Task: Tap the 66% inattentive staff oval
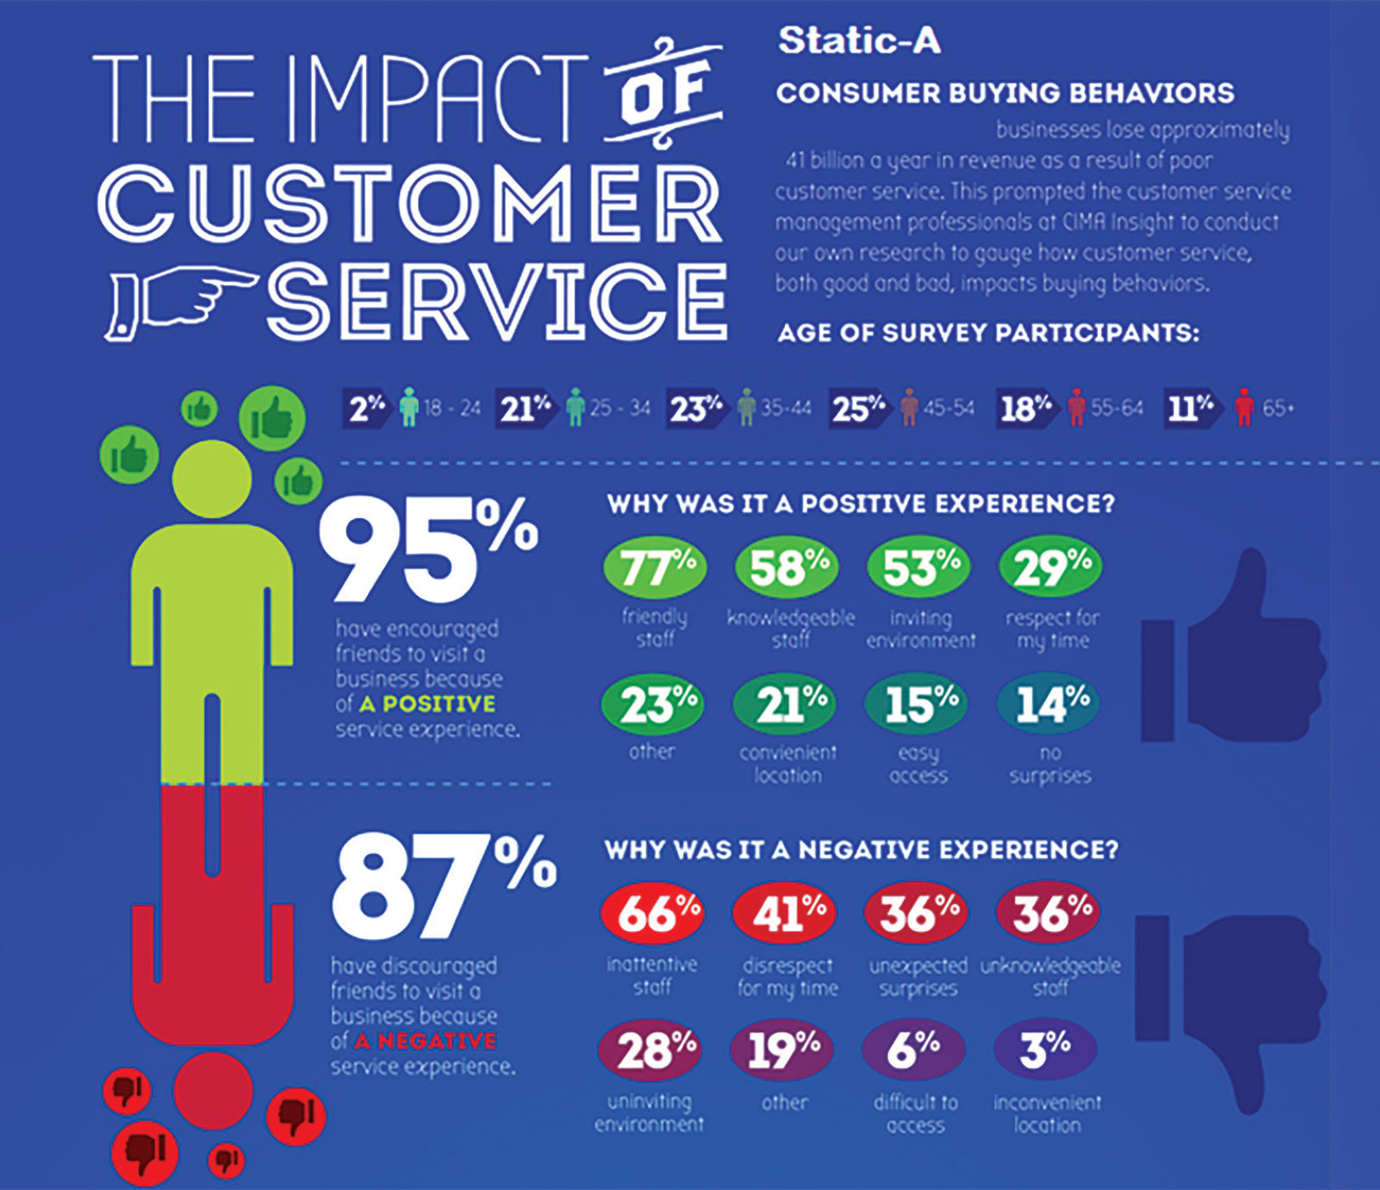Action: coord(653,912)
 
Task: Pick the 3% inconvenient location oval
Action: coord(1045,1050)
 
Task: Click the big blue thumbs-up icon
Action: coord(1233,655)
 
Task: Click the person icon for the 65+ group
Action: coord(1243,407)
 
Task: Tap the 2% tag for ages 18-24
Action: coord(366,408)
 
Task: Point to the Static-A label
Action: coord(858,41)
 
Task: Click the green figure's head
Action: coord(212,478)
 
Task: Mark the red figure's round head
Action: coord(213,1091)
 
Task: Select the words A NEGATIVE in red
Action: coord(425,1041)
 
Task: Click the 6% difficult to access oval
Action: coord(913,1050)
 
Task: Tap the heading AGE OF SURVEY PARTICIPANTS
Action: coord(988,333)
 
